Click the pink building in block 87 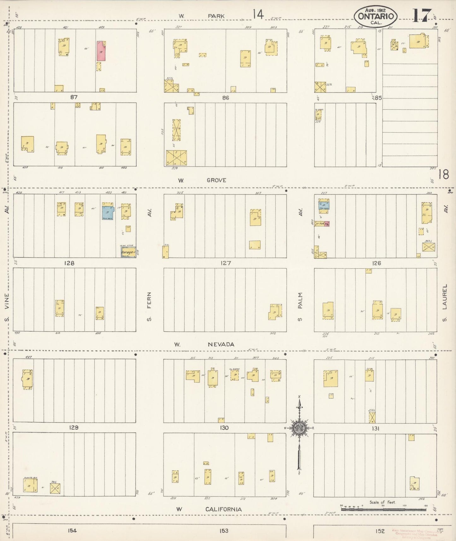point(101,51)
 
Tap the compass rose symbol point(299,428)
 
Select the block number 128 point(69,263)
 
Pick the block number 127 point(226,263)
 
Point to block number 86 point(225,98)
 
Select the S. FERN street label point(149,306)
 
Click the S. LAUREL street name point(445,303)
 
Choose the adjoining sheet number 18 point(443,174)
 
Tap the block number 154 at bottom point(72,531)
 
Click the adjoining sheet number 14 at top point(258,14)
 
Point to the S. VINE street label point(7,306)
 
